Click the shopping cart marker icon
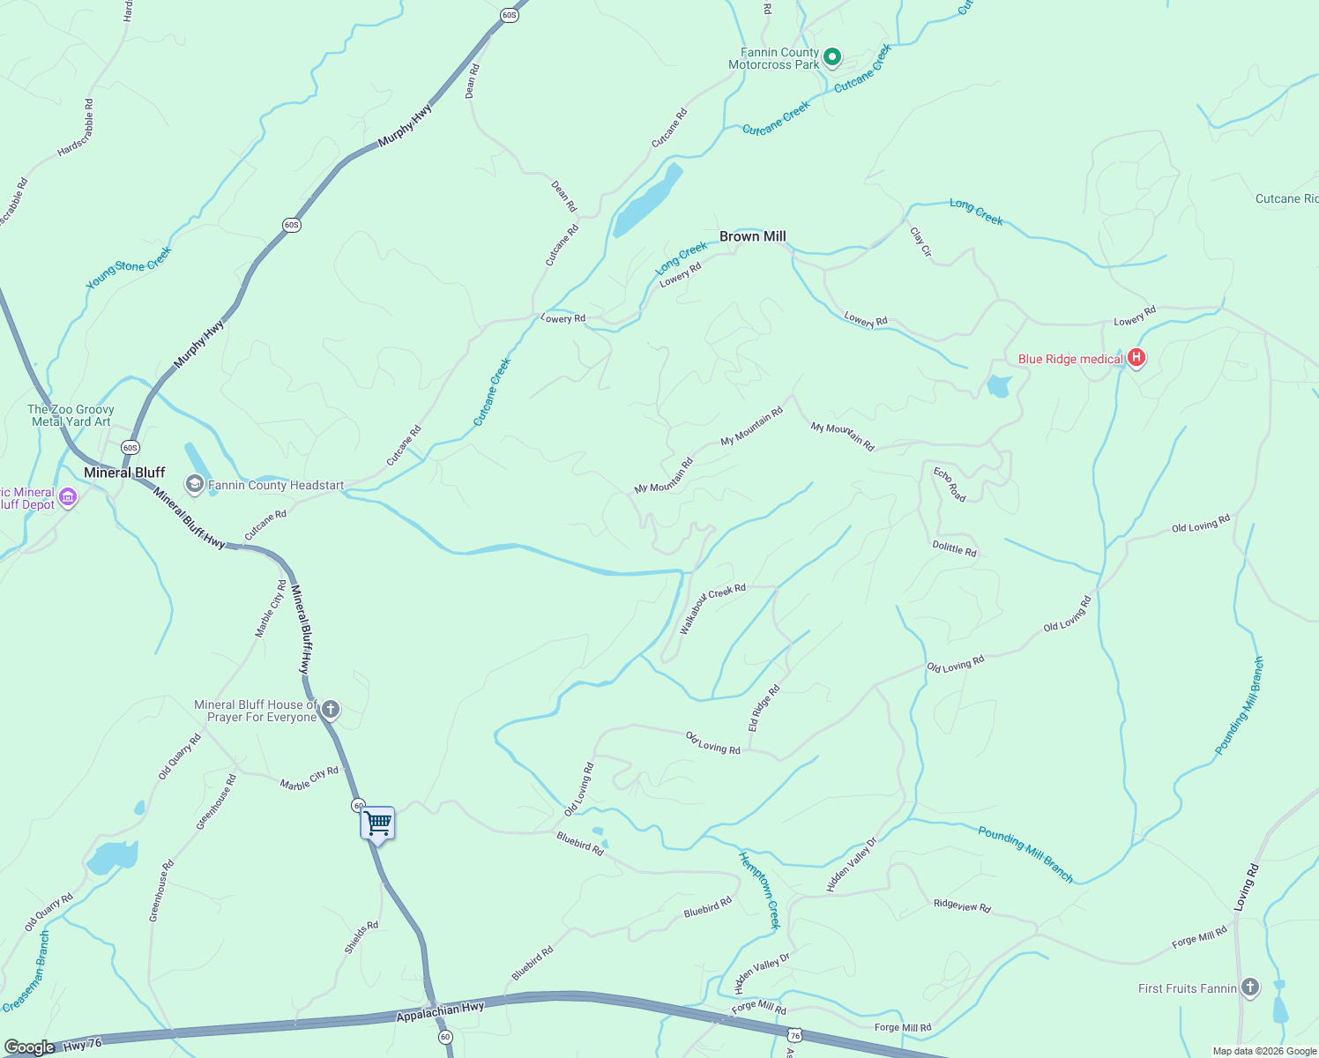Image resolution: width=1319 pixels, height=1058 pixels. [x=377, y=823]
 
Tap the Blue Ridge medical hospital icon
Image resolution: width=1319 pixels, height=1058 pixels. [x=1136, y=358]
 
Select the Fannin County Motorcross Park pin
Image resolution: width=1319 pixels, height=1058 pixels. [x=831, y=58]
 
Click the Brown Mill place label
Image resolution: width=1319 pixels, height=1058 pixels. [x=752, y=236]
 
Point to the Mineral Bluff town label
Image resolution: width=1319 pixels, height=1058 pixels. [x=124, y=473]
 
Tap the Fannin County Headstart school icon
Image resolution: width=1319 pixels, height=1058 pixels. [x=194, y=484]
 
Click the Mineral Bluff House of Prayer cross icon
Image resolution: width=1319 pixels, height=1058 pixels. [x=331, y=709]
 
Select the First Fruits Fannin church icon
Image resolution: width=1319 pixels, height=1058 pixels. [x=1249, y=987]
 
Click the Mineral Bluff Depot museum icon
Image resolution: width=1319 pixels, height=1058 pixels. [x=67, y=498]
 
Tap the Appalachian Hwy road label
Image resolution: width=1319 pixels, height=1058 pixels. [x=440, y=1011]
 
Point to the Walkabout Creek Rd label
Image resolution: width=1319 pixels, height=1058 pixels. [x=712, y=607]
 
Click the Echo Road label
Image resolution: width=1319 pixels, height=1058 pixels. [x=950, y=485]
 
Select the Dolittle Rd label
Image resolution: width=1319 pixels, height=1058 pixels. [x=954, y=548]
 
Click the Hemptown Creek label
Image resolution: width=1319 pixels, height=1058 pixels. [x=759, y=890]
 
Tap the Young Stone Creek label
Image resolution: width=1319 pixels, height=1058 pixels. [x=129, y=268]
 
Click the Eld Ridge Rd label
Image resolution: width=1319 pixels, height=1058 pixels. [x=764, y=708]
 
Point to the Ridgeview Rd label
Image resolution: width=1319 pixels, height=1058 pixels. [x=962, y=905]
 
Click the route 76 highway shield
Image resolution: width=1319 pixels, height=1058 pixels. [x=795, y=1034]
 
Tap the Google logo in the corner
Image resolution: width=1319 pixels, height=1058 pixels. [x=29, y=1047]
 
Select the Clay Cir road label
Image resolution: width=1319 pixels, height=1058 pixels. [x=920, y=242]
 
